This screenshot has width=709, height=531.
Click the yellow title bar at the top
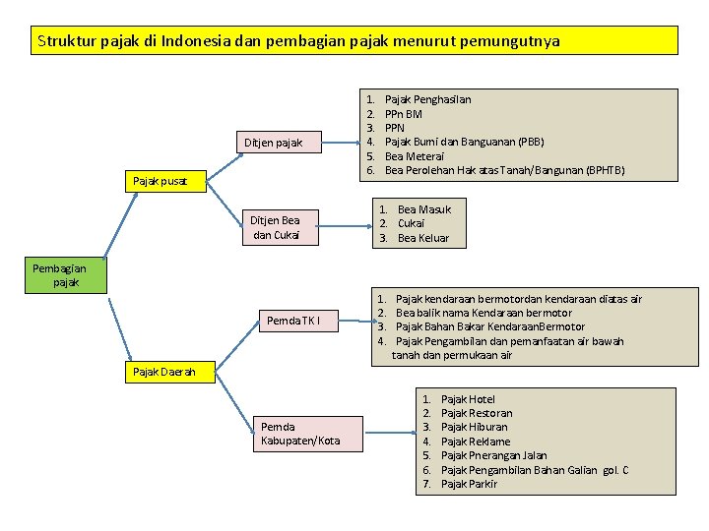pos(354,40)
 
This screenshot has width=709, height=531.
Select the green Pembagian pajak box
pos(59,275)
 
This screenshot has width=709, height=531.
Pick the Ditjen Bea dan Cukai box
pos(275,227)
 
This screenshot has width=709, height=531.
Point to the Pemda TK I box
pos(292,321)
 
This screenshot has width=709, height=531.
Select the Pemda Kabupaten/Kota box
pos(300,434)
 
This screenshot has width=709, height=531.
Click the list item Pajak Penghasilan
pos(427,99)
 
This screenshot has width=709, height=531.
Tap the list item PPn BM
pos(403,114)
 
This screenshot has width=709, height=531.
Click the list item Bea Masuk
pos(423,209)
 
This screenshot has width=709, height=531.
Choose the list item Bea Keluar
pos(422,238)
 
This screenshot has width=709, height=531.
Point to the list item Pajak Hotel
pos(468,399)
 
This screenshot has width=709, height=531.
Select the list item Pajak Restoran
pos(477,413)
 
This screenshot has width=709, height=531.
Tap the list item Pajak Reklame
pos(476,442)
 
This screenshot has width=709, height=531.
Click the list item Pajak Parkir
pos(469,484)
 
